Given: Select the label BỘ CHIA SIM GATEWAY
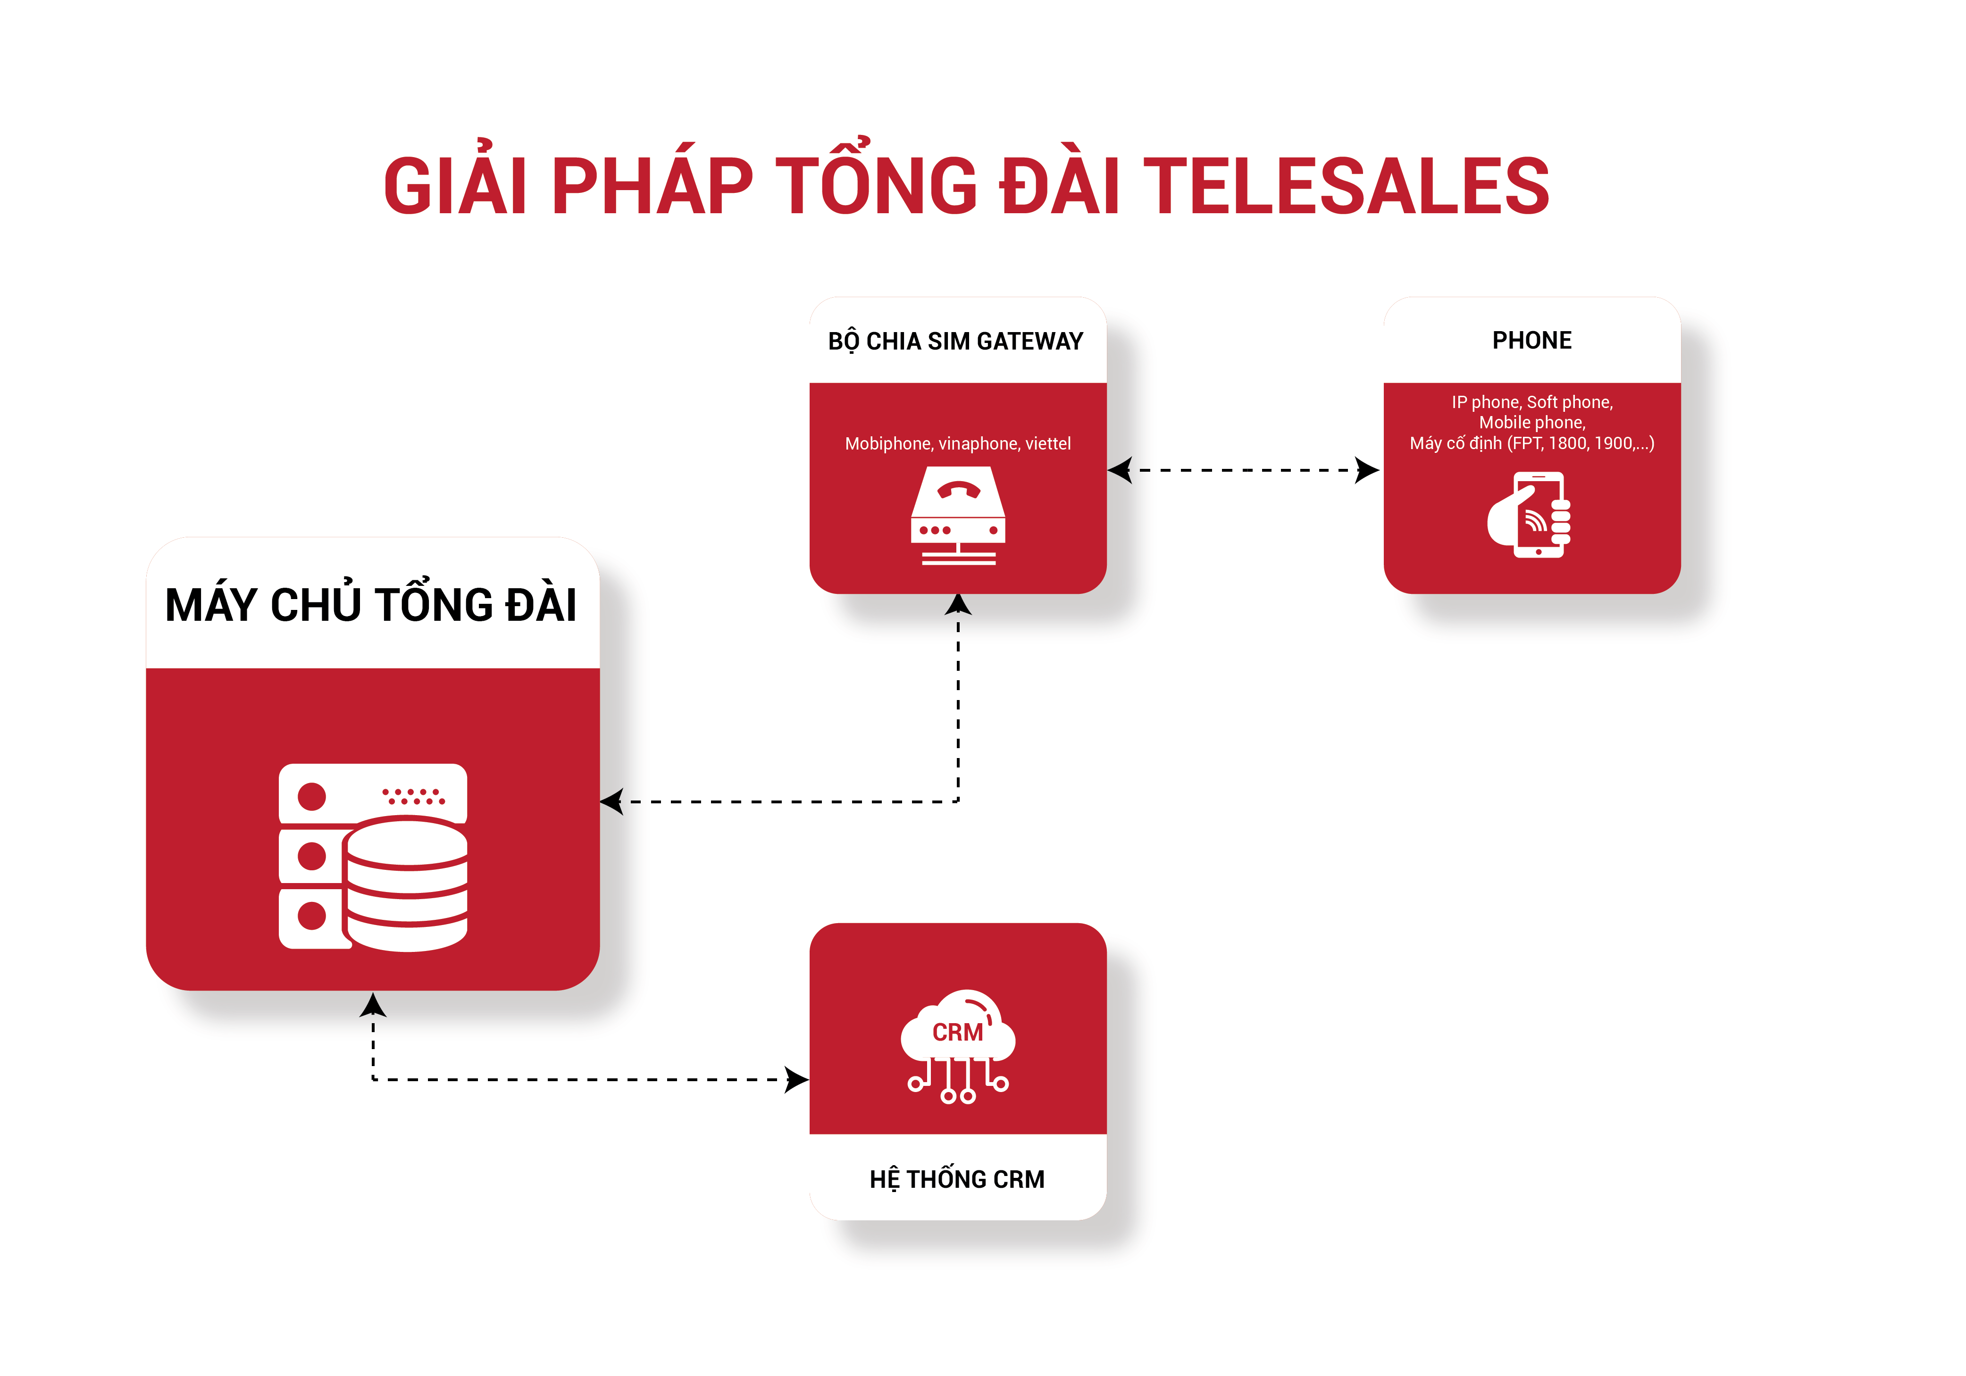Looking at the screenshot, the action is [x=955, y=341].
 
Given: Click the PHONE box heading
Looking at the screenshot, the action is [x=1532, y=340].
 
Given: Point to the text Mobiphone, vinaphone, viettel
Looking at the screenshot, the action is [x=957, y=443].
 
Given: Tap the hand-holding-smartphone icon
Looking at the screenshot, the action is [x=1529, y=515].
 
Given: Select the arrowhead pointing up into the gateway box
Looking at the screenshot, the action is [x=958, y=605].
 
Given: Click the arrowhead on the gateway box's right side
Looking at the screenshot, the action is [x=1120, y=470].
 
